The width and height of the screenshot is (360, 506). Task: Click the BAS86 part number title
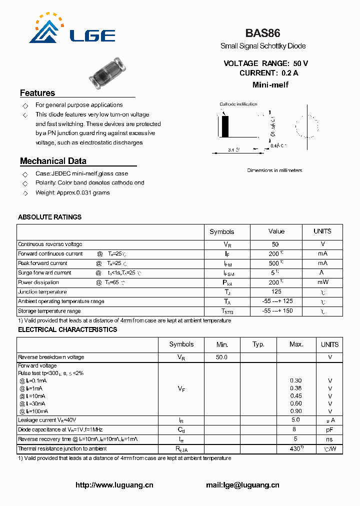[262, 33]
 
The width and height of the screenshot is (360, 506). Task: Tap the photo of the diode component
[106, 70]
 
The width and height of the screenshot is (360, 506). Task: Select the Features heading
[37, 93]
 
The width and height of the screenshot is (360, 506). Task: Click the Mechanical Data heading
[53, 161]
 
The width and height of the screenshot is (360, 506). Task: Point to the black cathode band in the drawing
[225, 126]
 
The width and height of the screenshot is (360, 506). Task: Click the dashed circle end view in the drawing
[306, 126]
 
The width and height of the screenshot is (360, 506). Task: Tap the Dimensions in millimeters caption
[274, 170]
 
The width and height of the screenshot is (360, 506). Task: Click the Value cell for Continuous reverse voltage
[275, 244]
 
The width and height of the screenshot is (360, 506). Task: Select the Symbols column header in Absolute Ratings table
[221, 231]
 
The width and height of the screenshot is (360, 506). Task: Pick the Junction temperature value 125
[275, 291]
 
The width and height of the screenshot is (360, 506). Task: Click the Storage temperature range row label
[49, 311]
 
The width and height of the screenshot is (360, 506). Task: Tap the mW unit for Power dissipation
[322, 282]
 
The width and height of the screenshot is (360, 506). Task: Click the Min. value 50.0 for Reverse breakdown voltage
[221, 357]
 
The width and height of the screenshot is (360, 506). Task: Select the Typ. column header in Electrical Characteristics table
[258, 344]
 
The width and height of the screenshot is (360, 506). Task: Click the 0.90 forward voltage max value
[296, 411]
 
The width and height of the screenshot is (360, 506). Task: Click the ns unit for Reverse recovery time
[329, 439]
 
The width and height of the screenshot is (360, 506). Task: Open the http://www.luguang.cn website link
[114, 485]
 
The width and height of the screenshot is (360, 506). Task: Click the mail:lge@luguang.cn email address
[242, 485]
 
